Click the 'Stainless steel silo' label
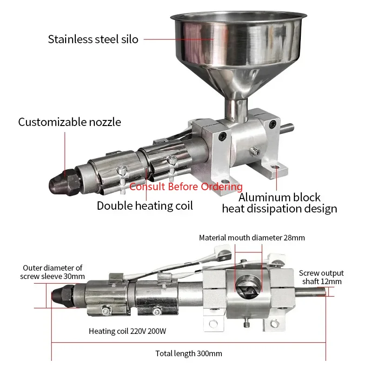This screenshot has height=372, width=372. (x=93, y=39)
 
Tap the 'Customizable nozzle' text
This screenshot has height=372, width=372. (x=69, y=122)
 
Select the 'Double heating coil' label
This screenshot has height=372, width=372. (x=145, y=206)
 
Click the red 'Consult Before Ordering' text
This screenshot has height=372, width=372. (x=186, y=187)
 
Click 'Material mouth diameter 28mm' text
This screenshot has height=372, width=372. (x=252, y=238)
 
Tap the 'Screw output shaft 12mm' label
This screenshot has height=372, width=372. (x=321, y=277)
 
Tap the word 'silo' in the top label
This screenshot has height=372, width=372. (x=129, y=39)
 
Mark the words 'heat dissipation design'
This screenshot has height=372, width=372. (x=279, y=209)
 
